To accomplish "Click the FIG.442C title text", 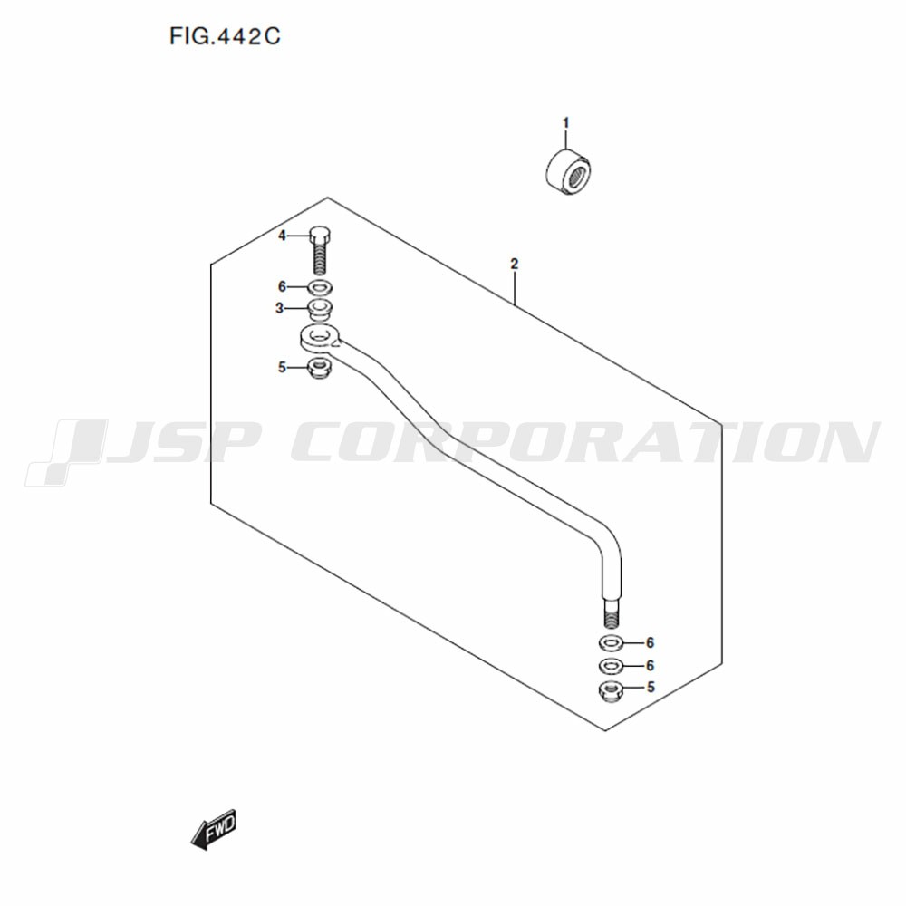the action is coord(224,36).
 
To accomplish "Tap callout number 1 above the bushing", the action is coord(565,123).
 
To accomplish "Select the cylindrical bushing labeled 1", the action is coord(568,171).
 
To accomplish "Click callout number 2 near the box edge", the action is coord(515,264).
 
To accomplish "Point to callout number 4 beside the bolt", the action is coord(282,236).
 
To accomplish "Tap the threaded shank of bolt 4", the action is coord(320,258).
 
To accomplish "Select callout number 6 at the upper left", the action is coord(282,286).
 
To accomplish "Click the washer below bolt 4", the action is coord(320,286).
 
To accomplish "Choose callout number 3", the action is coord(280,309).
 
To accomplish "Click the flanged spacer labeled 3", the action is coord(320,309).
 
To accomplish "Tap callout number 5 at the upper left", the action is coord(282,368).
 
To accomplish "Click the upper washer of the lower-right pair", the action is coord(610,642).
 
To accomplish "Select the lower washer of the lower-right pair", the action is coord(610,666).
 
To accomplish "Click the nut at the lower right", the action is coord(610,691).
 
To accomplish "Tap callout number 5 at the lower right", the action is coord(651,687).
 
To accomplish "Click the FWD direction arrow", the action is coord(214,829).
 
